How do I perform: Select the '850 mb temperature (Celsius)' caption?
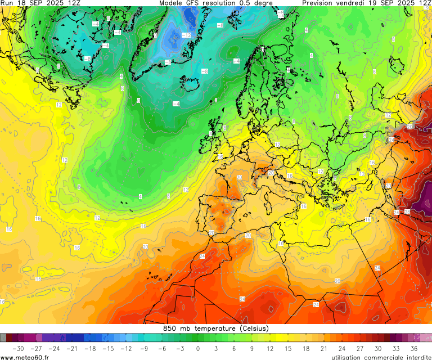pyautogui.click(x=216, y=328)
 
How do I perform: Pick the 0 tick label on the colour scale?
pyautogui.click(x=198, y=348)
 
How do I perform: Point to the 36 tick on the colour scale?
pyautogui.click(x=413, y=348)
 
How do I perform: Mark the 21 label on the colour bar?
pyautogui.click(x=323, y=348)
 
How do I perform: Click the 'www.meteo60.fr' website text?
pyautogui.click(x=25, y=357)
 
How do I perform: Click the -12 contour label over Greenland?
pyautogui.click(x=186, y=35)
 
